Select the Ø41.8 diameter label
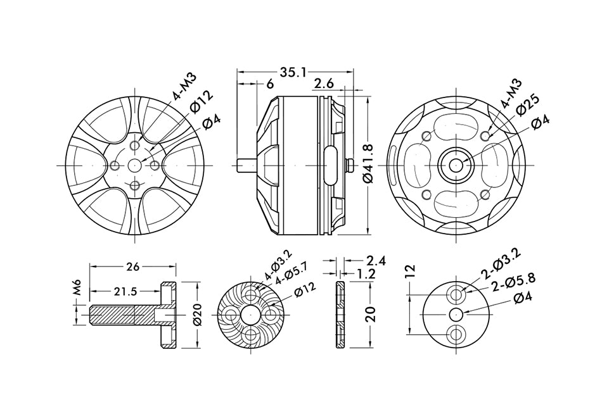(368, 164)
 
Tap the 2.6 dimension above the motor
(324, 84)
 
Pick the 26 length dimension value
(132, 266)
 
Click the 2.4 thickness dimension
(376, 261)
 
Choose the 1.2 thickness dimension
(366, 273)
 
